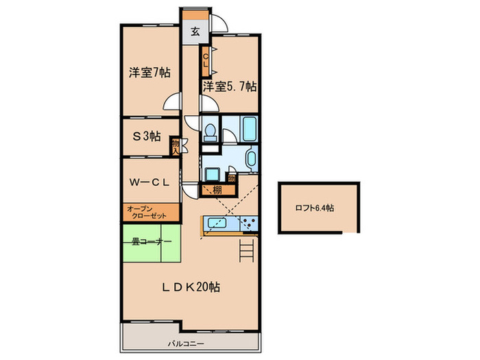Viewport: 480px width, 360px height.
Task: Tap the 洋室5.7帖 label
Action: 229,86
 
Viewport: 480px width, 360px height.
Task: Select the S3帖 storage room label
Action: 147,136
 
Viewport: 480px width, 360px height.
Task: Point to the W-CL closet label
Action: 150,182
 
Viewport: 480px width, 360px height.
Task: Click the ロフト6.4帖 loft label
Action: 315,208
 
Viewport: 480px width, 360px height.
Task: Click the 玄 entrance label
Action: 195,31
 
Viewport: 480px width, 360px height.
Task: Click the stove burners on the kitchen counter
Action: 248,224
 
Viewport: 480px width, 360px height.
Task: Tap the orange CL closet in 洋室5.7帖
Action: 205,60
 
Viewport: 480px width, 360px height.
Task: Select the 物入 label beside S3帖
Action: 176,146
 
